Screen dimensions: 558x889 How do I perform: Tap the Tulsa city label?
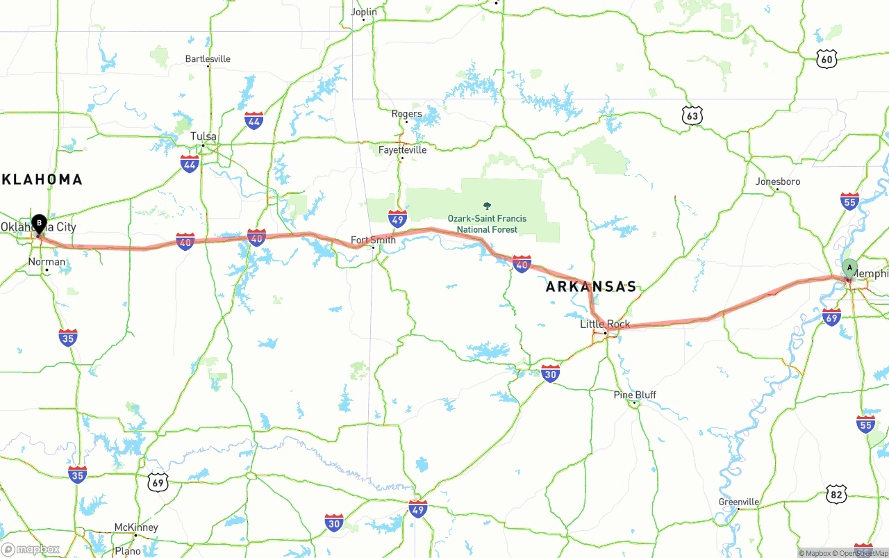coord(203,136)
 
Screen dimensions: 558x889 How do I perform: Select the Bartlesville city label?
coord(208,58)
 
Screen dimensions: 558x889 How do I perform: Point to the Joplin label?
coord(364,12)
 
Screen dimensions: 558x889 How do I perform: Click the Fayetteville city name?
coord(402,149)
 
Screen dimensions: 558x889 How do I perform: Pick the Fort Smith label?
coord(373,240)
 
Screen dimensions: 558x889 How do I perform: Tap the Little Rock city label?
coord(605,324)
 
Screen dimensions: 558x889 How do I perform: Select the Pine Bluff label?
coord(634,395)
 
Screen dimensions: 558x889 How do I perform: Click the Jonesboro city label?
coord(778,181)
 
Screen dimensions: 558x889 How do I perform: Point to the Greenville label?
coord(738,502)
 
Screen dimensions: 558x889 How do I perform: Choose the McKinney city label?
coord(136,527)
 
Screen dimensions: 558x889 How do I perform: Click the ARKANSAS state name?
coord(590,287)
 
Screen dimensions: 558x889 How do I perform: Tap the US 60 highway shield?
coord(826,58)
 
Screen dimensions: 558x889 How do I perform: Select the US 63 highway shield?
coord(692,115)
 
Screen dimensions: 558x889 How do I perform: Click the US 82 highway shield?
coord(837,494)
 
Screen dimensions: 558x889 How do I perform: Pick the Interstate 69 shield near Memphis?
coord(831,317)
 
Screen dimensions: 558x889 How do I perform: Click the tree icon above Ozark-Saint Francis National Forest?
coord(487,206)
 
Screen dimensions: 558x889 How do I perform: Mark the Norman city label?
coord(47,262)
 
